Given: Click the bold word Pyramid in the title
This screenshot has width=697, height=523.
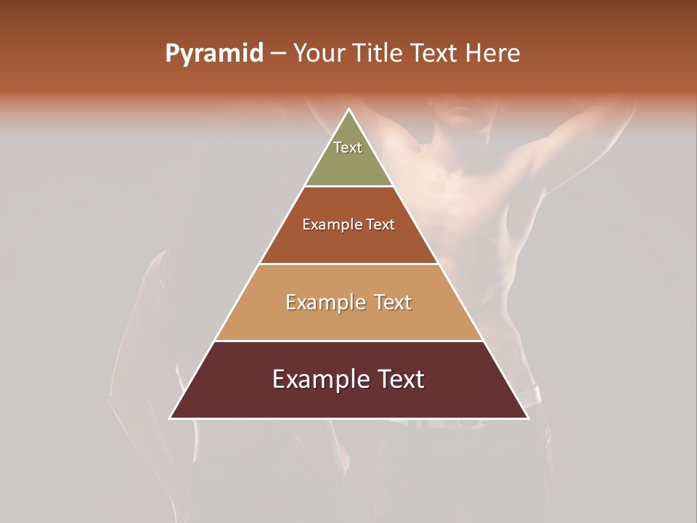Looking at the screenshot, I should click(214, 54).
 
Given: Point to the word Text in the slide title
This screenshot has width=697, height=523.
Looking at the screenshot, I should click(434, 54).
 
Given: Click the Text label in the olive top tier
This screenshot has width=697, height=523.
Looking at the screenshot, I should click(348, 147).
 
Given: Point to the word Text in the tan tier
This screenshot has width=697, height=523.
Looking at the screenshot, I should click(394, 302).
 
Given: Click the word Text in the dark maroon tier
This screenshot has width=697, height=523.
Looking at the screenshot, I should click(401, 379).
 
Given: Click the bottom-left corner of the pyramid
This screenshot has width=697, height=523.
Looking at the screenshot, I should click(171, 418).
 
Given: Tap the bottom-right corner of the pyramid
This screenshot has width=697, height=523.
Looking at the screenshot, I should click(527, 418).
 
